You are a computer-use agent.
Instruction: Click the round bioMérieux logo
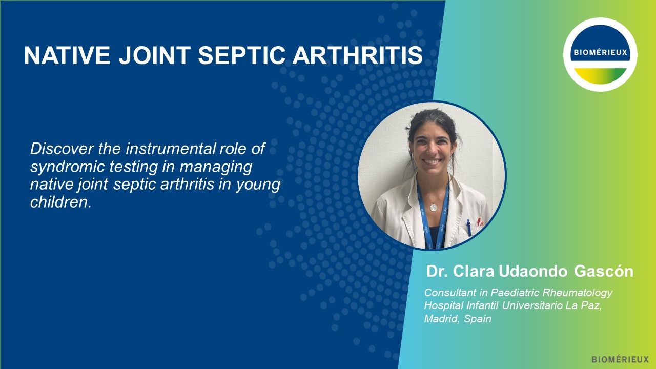[600, 55]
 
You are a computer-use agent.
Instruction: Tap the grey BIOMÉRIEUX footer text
[620, 359]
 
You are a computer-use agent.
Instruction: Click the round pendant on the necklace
[434, 207]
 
